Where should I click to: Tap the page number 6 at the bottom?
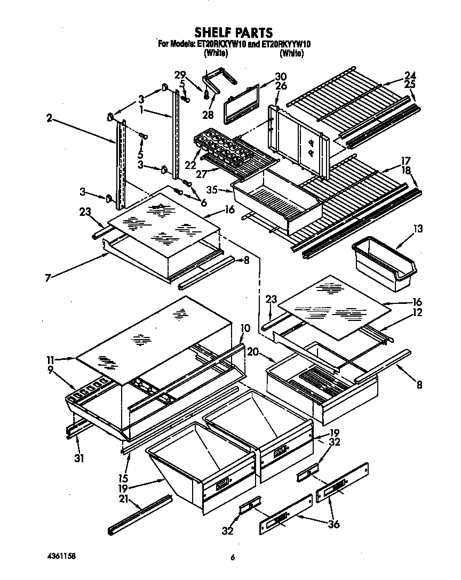coord(232,558)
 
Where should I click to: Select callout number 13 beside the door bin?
coord(418,229)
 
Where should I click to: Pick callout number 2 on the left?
coord(49,119)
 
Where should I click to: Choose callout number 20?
coord(253,351)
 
